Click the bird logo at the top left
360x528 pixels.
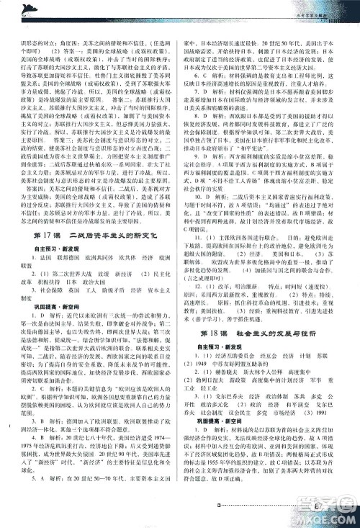point(30,8)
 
